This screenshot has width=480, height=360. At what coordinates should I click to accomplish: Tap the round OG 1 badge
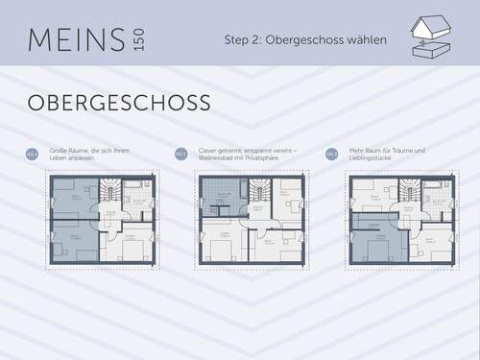point(32,154)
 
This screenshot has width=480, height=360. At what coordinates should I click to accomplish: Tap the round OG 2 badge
point(180,154)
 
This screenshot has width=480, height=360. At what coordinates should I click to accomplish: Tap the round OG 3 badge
point(331,154)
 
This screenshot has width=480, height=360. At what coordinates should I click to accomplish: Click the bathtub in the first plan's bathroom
point(138,184)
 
